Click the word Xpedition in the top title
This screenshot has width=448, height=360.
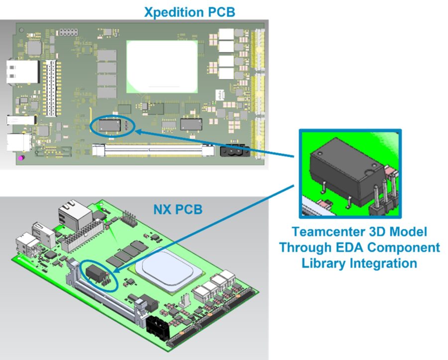[x=169, y=11]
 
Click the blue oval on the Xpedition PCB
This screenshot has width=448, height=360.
[x=113, y=125]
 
